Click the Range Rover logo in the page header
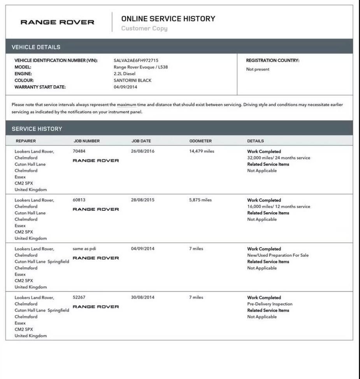click(57, 22)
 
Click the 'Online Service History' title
click(168, 19)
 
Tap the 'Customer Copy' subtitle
click(144, 28)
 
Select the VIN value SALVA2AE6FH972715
click(136, 60)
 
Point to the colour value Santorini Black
click(132, 80)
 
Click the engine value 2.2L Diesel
click(125, 74)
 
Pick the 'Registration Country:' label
click(272, 60)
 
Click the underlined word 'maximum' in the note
click(126, 105)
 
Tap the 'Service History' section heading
click(37, 129)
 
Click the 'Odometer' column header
click(200, 141)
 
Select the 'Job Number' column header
click(86, 141)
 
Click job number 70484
click(79, 151)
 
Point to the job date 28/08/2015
click(142, 200)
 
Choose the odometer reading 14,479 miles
click(202, 151)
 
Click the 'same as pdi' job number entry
click(84, 249)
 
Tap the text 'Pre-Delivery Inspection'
click(270, 304)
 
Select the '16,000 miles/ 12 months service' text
click(279, 206)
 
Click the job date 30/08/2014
click(142, 297)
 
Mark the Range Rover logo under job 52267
click(96, 307)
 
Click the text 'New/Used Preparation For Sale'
click(278, 255)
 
